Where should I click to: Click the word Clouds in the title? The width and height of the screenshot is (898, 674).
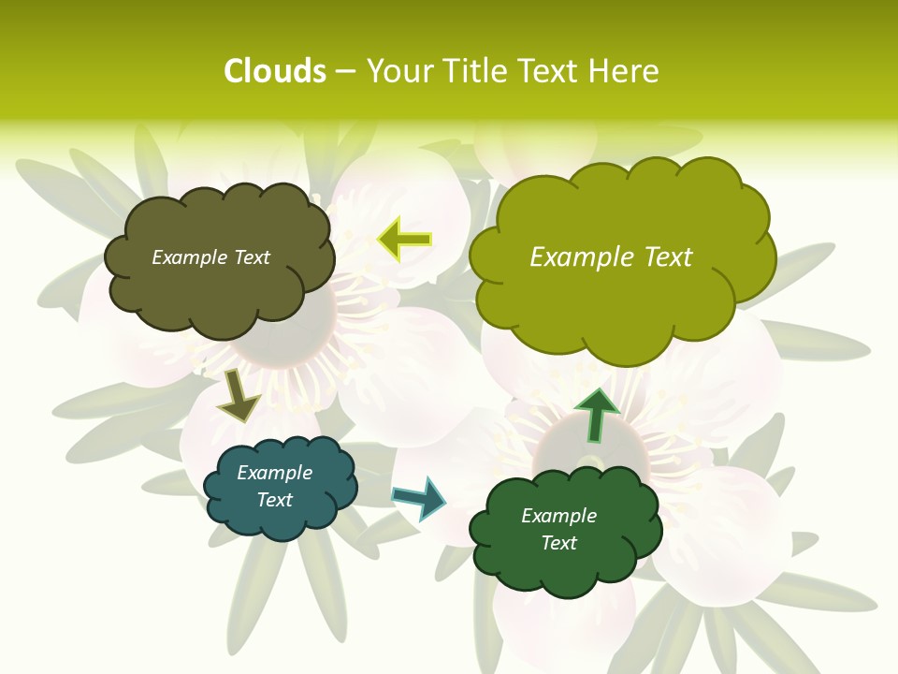(274, 71)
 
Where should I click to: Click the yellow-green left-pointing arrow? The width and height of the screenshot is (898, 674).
(406, 240)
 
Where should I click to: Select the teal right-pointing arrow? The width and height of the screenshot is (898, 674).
(420, 498)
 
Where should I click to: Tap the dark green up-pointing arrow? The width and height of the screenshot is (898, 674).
(596, 415)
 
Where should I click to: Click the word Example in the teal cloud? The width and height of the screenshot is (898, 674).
(275, 473)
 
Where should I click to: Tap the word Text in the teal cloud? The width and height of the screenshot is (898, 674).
(275, 500)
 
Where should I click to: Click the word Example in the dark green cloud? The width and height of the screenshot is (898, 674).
(558, 516)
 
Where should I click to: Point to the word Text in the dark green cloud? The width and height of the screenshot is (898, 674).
(558, 543)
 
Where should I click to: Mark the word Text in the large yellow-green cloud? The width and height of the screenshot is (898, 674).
(669, 257)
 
